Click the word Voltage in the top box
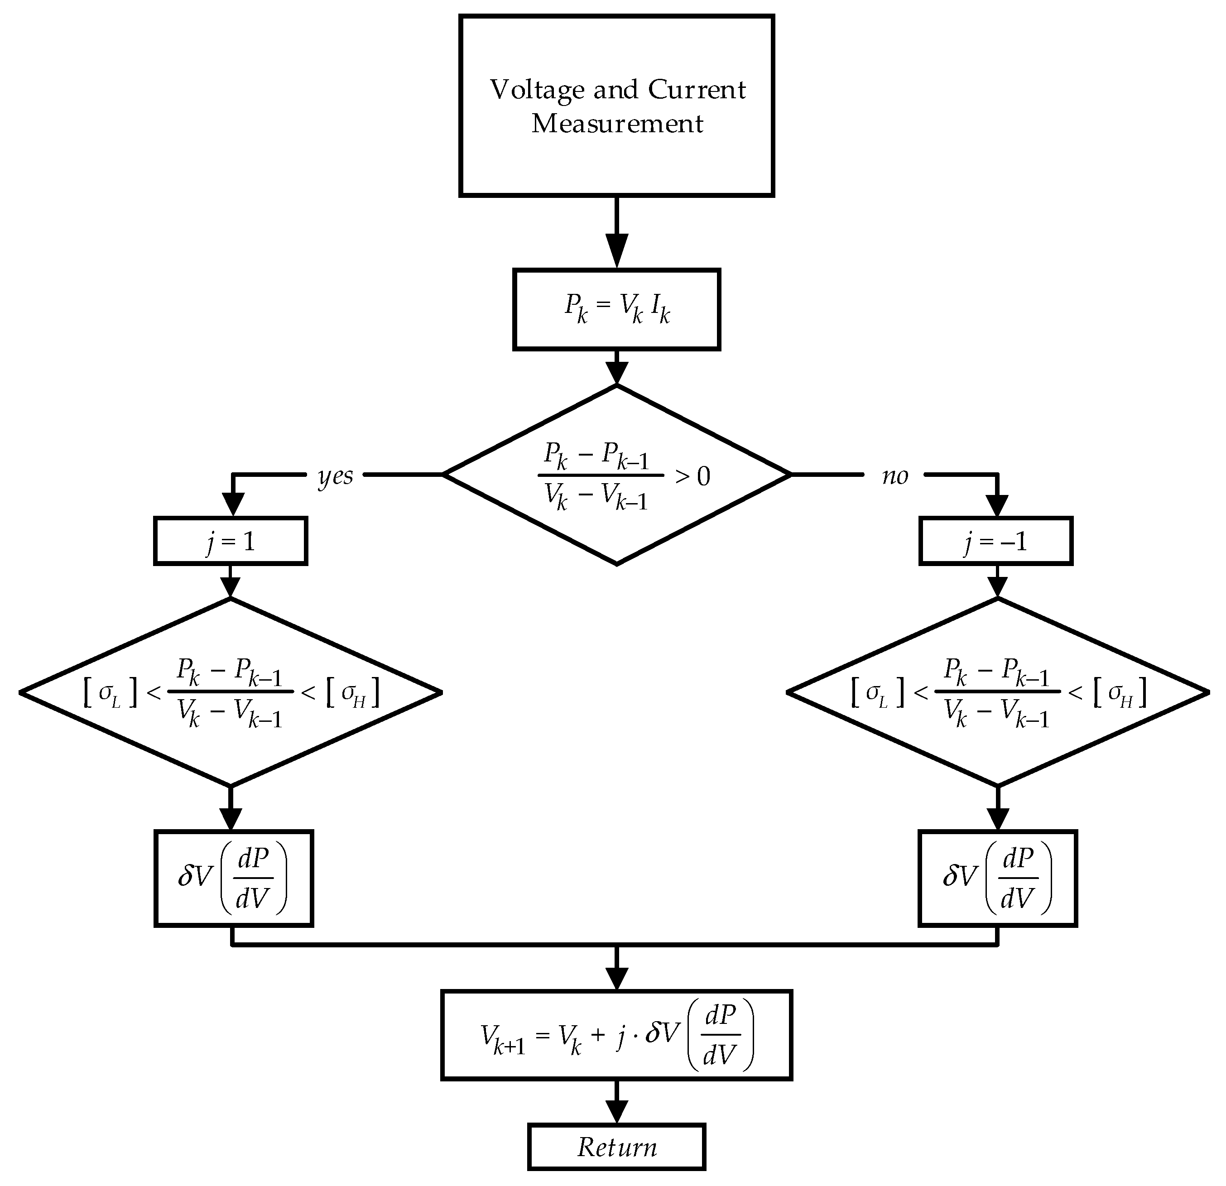click(537, 91)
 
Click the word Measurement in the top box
click(617, 124)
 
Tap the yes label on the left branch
click(335, 476)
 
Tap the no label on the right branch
click(894, 476)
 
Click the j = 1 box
click(231, 541)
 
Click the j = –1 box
click(996, 541)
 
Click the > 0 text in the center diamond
click(692, 477)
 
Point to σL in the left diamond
click(109, 694)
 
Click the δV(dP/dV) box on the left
click(233, 878)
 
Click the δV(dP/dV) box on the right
click(998, 878)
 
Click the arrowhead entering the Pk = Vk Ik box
click(617, 251)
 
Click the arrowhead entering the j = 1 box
click(233, 504)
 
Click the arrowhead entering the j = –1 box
click(997, 504)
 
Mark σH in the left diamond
click(353, 694)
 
